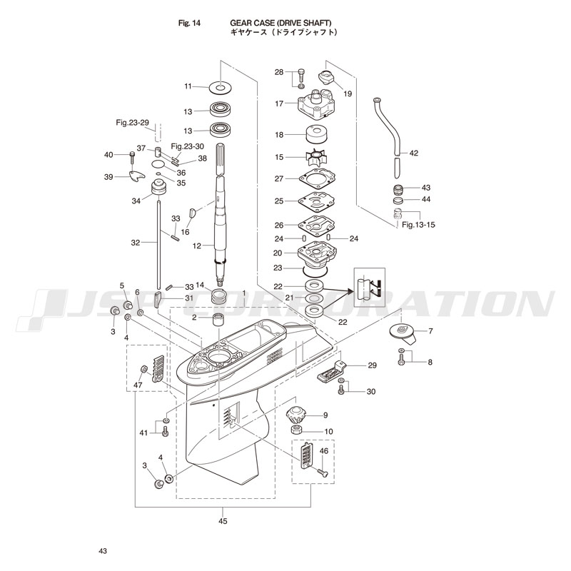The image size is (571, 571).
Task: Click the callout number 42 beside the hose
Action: click(413, 153)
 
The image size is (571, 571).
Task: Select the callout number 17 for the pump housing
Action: click(280, 103)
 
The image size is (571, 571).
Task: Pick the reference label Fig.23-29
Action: click(132, 123)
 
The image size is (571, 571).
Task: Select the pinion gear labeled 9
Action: click(295, 415)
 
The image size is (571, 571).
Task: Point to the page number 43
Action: click(103, 551)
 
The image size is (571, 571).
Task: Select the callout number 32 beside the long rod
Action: click(136, 243)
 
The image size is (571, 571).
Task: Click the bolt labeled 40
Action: click(133, 155)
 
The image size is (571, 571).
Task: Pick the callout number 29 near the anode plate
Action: click(371, 365)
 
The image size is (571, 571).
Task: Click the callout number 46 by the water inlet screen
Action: click(323, 451)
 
